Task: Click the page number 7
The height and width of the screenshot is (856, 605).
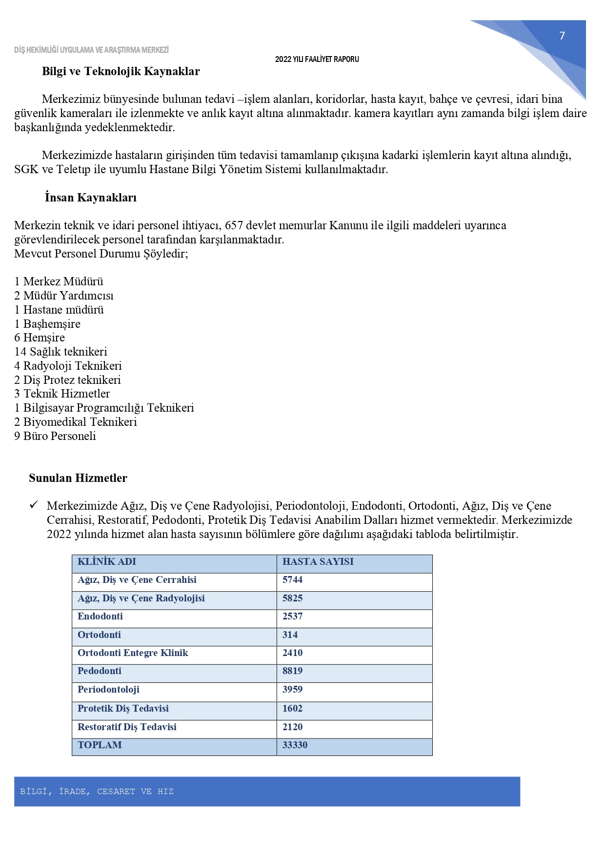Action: pos(562,36)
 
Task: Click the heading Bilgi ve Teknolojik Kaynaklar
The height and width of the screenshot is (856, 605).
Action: pos(121,71)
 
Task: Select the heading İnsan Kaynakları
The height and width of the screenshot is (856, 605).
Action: pos(91,198)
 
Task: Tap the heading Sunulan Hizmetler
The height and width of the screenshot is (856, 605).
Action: pos(78,478)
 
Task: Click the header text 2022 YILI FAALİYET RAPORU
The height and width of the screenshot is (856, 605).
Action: pos(317,59)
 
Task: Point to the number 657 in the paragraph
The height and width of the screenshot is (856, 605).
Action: pos(234,225)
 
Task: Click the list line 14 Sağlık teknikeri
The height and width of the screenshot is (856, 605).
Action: pos(60,352)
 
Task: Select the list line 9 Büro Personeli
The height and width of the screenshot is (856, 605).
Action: pos(55,436)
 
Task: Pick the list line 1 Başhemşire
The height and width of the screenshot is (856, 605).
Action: pos(47,324)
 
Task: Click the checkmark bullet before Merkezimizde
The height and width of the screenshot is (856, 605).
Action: pos(34,505)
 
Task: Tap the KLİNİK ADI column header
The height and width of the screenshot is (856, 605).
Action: pos(107,561)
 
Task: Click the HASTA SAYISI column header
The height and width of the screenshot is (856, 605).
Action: pos(318,561)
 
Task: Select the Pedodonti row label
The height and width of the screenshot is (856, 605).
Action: pos(100,671)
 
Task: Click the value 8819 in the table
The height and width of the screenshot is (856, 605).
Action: pos(293,671)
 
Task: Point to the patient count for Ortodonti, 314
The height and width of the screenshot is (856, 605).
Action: pos(290,635)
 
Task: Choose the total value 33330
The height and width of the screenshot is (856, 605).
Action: pos(295,745)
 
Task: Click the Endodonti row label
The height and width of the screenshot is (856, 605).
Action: pos(100,616)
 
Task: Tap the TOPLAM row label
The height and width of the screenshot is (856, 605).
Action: pos(100,745)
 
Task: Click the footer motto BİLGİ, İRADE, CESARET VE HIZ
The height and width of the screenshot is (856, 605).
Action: pos(97,792)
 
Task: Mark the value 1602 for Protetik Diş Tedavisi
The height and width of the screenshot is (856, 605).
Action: pos(292,708)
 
